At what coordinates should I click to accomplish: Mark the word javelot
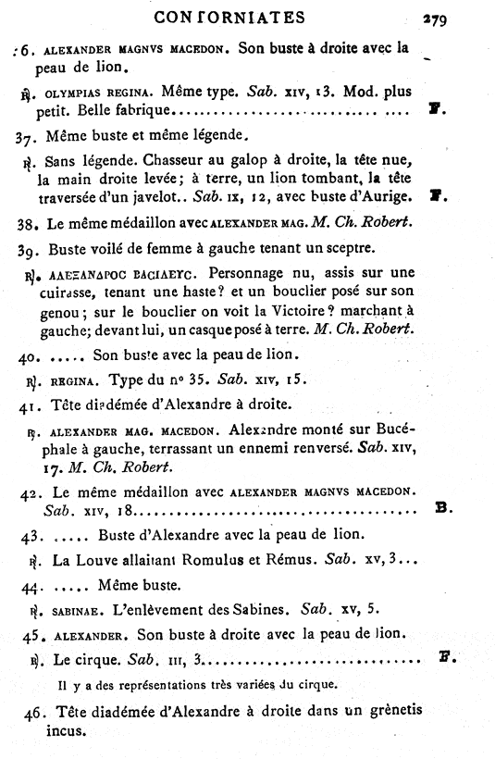[x=163, y=197]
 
